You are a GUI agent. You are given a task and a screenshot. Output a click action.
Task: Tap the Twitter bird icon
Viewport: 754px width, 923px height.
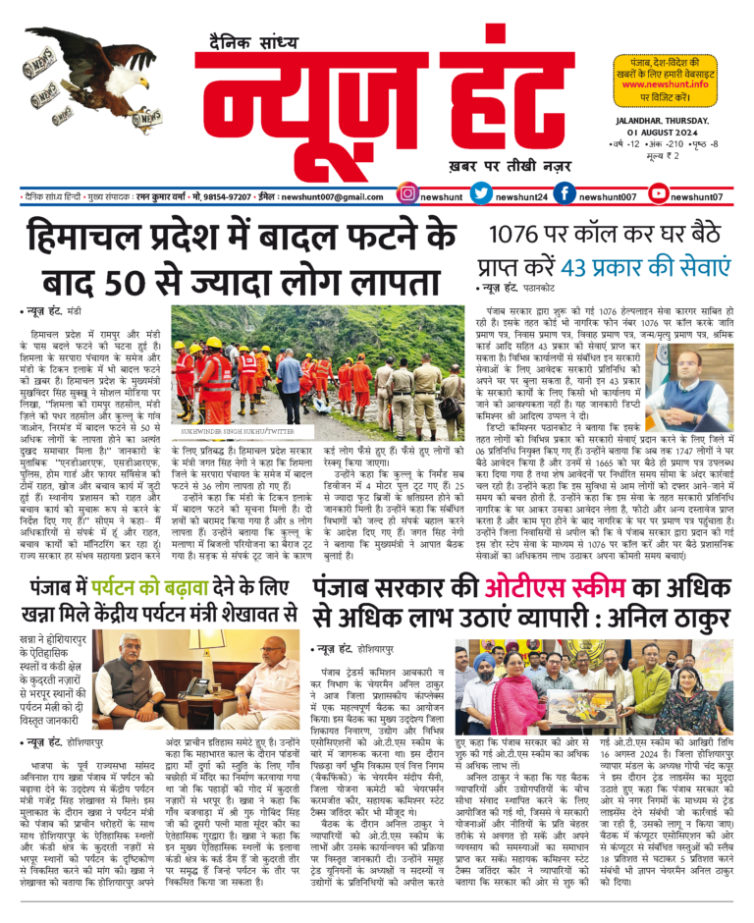[x=481, y=194]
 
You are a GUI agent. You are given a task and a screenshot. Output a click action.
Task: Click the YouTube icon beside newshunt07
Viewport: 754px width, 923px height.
[x=657, y=194]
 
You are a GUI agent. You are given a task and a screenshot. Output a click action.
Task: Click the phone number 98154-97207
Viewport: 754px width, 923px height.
[x=224, y=196]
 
